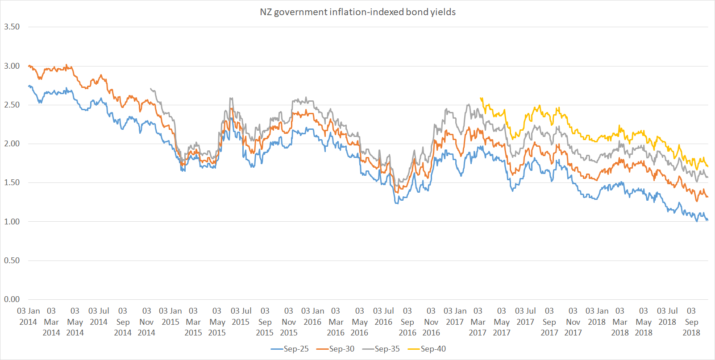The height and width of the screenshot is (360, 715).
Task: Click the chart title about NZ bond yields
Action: coord(357,12)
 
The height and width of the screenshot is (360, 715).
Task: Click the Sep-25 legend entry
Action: coord(290,349)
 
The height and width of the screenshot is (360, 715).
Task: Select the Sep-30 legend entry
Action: coord(336,349)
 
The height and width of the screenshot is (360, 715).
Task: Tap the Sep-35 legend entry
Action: coord(381,349)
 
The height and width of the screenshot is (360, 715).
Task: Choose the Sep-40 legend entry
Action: coord(427,349)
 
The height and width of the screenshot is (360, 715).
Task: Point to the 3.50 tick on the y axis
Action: coord(12,27)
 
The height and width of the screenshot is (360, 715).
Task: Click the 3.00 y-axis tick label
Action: coord(12,66)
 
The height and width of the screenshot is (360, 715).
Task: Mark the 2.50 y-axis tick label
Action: coord(12,105)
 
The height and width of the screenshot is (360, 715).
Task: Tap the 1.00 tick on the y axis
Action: coord(12,222)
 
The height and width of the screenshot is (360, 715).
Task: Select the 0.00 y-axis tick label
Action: coord(12,299)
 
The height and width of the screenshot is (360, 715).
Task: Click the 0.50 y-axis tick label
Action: coord(12,261)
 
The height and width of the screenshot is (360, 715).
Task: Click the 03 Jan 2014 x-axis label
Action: coord(28,316)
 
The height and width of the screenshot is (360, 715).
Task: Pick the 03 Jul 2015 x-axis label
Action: coord(241,316)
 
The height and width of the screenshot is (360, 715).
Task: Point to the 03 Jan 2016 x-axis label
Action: coord(312,316)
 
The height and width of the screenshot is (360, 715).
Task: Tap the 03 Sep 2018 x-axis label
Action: coord(691,322)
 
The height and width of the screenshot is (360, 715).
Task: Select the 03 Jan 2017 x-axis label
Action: coord(455,316)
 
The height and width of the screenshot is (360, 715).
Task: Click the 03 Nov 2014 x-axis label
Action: coord(146,322)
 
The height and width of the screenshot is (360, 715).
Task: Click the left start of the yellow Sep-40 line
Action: coord(480,98)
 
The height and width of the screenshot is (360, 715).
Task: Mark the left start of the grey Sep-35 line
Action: coord(151,89)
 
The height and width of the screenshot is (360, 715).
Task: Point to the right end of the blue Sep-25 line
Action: coord(707,220)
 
